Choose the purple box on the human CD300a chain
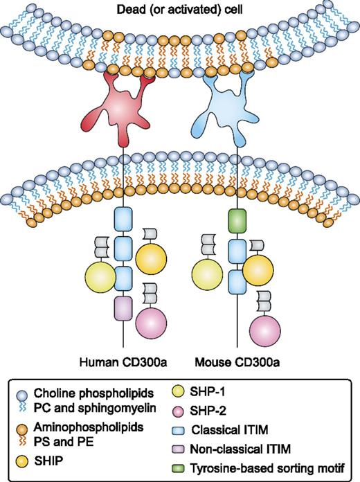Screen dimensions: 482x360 point(124,307)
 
